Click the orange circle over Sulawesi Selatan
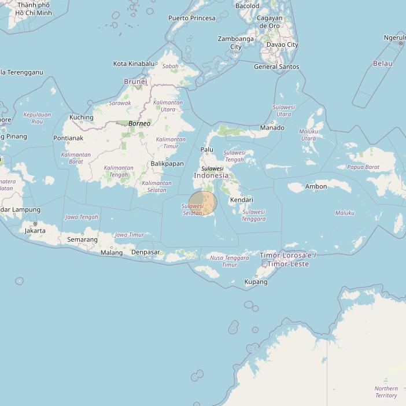pyautogui.click(x=203, y=203)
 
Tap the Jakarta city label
pyautogui.click(x=35, y=230)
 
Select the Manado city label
pyautogui.click(x=272, y=127)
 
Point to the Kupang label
pyautogui.click(x=256, y=282)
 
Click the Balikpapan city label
pyautogui.click(x=167, y=164)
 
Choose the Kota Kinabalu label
pyautogui.click(x=134, y=64)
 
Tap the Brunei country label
pyautogui.click(x=135, y=82)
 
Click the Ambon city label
pyautogui.click(x=316, y=186)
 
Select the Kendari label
pyautogui.click(x=242, y=200)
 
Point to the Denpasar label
pyautogui.click(x=146, y=252)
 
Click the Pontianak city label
pyautogui.click(x=68, y=138)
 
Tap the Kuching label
pyautogui.click(x=81, y=117)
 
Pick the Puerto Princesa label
pyautogui.click(x=192, y=18)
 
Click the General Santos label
pyautogui.click(x=276, y=67)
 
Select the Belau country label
pyautogui.click(x=383, y=63)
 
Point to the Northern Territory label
pyautogui.click(x=386, y=392)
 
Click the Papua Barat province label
pyautogui.click(x=363, y=167)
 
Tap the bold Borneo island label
pyautogui.click(x=139, y=123)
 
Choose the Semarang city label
pyautogui.click(x=82, y=239)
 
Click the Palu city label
pyautogui.click(x=207, y=150)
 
